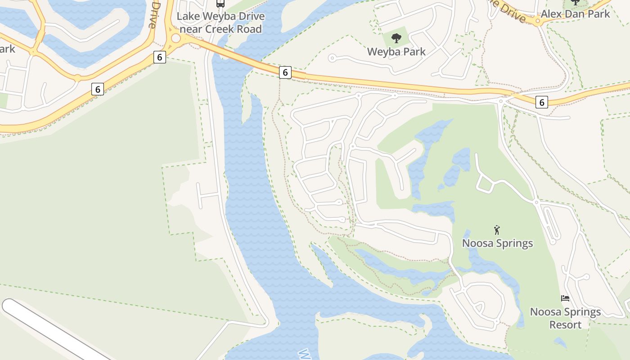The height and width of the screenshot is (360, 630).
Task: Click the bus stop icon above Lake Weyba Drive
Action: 220,4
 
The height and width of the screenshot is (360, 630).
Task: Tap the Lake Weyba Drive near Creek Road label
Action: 220,23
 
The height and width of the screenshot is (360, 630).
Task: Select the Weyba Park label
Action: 396,52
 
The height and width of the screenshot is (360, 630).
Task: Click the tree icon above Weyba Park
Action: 396,38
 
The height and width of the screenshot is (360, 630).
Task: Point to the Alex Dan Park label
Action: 575,14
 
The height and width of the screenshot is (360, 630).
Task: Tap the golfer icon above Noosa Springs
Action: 497,230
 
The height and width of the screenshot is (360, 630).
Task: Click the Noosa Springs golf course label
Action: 498,243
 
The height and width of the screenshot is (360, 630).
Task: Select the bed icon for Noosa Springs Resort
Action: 565,298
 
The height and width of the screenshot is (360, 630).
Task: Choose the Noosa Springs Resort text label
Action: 565,318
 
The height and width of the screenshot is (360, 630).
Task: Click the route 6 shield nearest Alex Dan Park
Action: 542,103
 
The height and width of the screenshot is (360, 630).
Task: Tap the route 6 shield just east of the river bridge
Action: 285,72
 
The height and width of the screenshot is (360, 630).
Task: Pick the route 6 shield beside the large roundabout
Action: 159,57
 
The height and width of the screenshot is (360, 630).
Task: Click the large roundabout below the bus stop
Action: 175,38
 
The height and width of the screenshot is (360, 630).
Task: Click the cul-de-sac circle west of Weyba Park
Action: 332,58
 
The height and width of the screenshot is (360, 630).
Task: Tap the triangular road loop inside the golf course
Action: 485,183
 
